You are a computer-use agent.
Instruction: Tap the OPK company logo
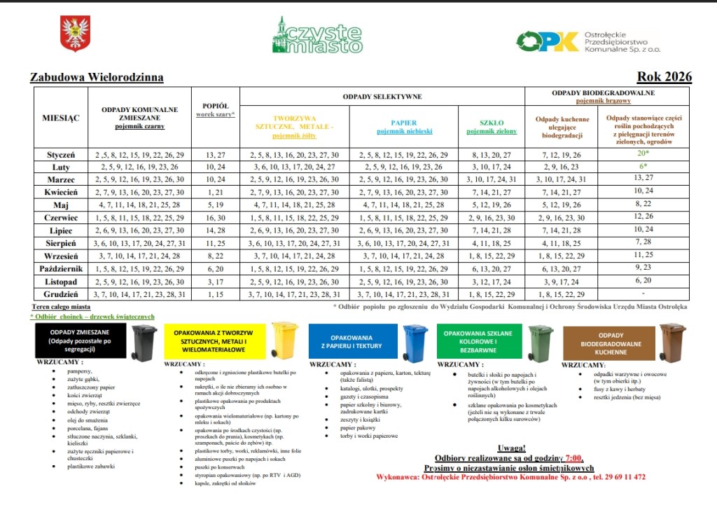coord(548,41)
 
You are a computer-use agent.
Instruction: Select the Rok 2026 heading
coord(664,77)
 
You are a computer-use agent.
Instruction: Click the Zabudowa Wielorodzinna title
coord(97,77)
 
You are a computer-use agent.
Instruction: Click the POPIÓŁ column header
coord(215,106)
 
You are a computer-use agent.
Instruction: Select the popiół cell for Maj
coord(215,205)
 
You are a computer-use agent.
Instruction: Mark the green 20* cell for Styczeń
coord(643,153)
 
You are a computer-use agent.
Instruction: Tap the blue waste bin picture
coord(415,343)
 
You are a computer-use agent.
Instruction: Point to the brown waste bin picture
coord(672,342)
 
